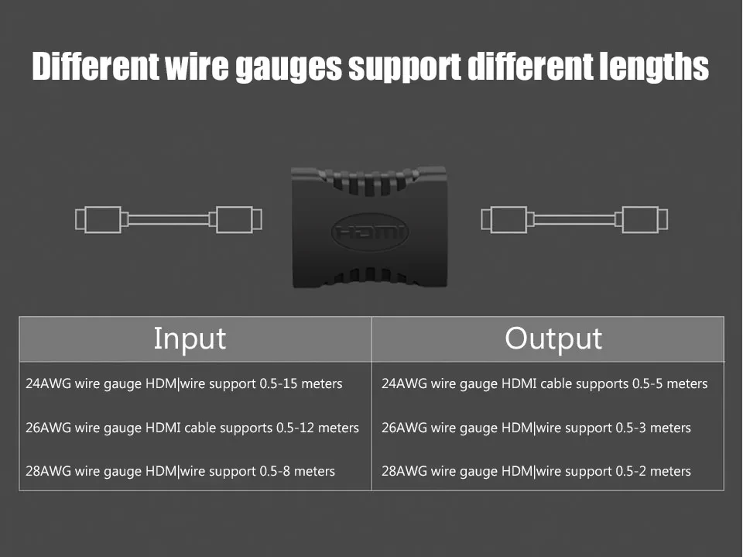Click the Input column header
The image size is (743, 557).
(190, 339)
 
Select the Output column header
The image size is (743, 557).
(553, 339)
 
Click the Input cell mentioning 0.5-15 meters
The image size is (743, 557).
(184, 383)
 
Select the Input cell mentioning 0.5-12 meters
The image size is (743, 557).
(193, 428)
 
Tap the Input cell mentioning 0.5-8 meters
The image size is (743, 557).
(180, 471)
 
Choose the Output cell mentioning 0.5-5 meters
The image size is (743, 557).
(545, 383)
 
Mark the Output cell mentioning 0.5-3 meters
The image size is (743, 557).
(536, 428)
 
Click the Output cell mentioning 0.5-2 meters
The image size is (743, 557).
(536, 471)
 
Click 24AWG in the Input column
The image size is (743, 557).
(48, 383)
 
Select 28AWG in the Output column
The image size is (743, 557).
(404, 471)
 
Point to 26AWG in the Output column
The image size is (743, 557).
(404, 428)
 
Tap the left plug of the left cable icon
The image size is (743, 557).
(98, 219)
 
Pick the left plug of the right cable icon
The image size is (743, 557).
(505, 219)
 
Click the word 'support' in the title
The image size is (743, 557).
(404, 68)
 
